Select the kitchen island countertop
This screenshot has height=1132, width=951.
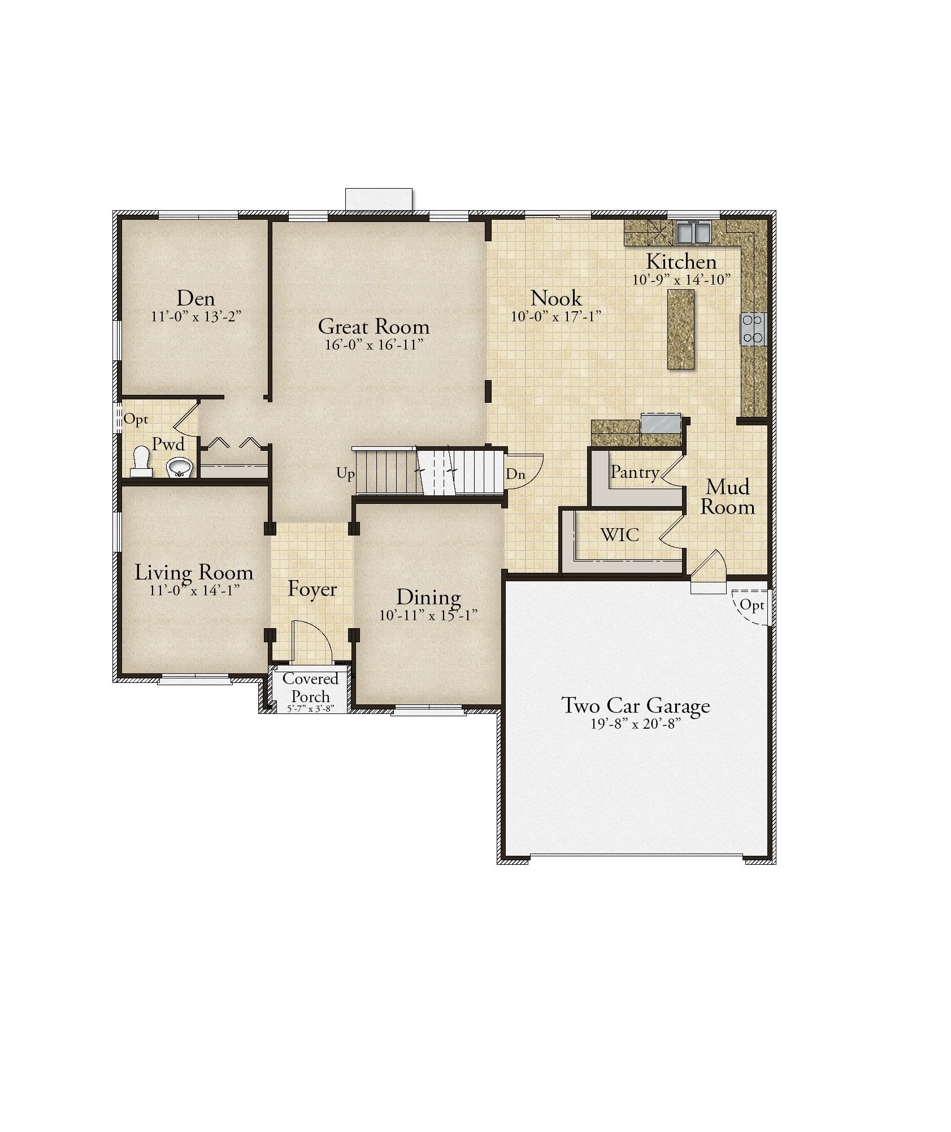[680, 329]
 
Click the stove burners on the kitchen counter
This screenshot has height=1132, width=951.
[753, 329]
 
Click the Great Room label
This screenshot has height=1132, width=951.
[374, 326]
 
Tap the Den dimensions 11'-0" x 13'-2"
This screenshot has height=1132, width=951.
[196, 316]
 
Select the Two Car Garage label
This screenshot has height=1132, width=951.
[635, 706]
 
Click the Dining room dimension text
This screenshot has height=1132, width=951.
[428, 615]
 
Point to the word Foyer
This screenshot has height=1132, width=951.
[312, 589]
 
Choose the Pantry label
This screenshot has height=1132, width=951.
[635, 472]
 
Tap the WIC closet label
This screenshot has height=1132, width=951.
[620, 534]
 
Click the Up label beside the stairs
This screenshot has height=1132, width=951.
[345, 473]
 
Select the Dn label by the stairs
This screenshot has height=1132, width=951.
[515, 474]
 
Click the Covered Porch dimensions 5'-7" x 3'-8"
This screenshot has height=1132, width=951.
[311, 708]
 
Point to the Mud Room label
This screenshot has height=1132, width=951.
[728, 497]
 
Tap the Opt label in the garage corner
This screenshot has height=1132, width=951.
[752, 605]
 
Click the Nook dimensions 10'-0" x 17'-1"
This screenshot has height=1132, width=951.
[555, 316]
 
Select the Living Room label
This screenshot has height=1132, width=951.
[193, 572]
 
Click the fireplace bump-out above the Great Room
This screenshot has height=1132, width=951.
[379, 201]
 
